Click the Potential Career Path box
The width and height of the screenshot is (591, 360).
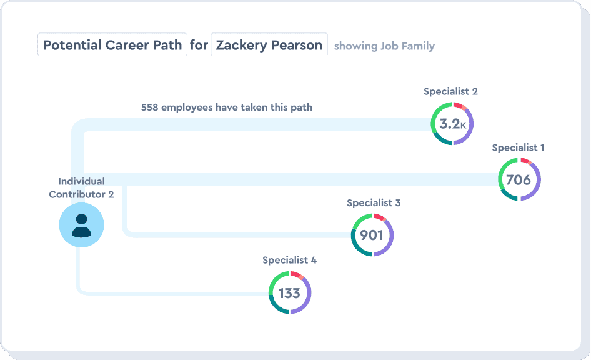point(112,45)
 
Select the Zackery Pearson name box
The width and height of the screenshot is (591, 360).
point(269,45)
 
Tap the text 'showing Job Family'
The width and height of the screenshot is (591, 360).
point(384,46)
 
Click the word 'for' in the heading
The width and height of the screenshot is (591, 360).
point(199,45)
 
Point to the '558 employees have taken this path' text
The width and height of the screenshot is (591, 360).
point(227,107)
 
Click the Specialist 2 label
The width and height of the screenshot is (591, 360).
point(450,91)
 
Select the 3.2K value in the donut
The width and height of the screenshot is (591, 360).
point(452,124)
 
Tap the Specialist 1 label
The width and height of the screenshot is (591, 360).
point(518,147)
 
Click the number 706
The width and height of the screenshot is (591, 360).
point(519,180)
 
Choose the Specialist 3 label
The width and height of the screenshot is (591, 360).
point(374,202)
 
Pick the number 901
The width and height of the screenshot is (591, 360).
point(372,236)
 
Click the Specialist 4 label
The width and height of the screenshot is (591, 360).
point(289,260)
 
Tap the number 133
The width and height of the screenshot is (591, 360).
point(289,293)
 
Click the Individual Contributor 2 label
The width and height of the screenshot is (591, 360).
point(81,187)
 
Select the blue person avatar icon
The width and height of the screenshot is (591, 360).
point(81,225)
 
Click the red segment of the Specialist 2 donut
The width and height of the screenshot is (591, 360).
point(458,104)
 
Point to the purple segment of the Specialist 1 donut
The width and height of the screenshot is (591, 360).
point(536,187)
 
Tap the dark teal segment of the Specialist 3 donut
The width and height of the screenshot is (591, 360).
point(359,249)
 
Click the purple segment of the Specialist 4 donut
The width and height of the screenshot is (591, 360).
point(307,301)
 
